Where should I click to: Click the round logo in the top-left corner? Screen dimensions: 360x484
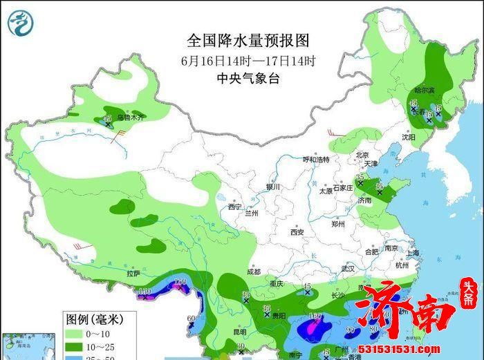(x=21, y=23)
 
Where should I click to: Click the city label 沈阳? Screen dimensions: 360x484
(x=409, y=138)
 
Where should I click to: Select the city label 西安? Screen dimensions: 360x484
(x=297, y=232)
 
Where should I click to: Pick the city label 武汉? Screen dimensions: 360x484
(x=348, y=268)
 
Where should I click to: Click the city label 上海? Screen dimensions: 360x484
(x=413, y=253)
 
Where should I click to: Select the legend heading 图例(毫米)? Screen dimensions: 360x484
(x=94, y=319)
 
